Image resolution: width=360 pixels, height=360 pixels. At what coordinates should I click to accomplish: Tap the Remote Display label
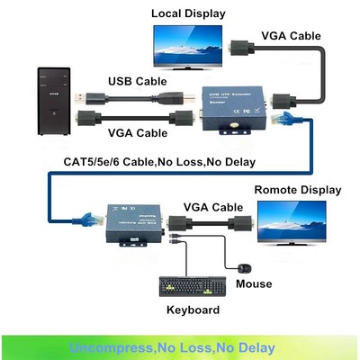tap(297, 190)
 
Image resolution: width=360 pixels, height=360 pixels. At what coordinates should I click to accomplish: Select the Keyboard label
tap(193, 310)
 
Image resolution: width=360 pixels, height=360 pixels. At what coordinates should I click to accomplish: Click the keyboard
tap(192, 286)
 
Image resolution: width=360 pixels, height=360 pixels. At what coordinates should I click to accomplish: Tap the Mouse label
tap(254, 284)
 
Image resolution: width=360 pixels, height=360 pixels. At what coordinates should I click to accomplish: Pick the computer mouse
tap(245, 266)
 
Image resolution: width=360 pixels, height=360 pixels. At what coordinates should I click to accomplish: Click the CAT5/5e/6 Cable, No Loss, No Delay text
tap(160, 162)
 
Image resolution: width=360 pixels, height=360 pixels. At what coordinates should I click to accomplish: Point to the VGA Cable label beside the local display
tap(291, 36)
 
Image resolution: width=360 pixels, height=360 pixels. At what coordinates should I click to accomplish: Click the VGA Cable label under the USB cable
tap(138, 133)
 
